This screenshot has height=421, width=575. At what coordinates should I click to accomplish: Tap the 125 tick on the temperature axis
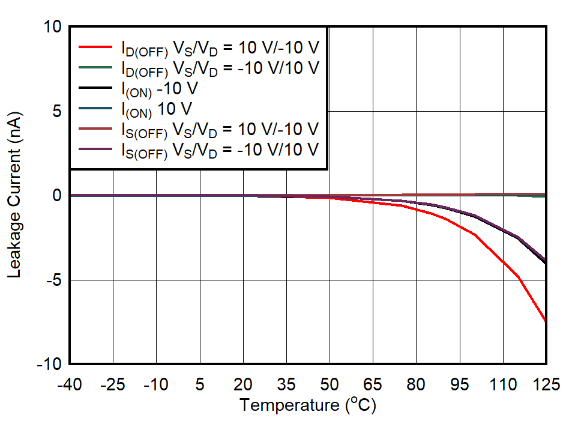tap(545, 384)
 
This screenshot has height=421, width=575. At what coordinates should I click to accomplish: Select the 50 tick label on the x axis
tap(329, 384)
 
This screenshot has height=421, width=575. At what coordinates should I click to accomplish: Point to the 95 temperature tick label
tap(459, 384)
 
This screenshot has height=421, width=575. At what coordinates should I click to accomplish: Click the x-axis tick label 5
tap(200, 384)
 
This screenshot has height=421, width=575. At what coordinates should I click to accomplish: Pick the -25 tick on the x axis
tap(113, 384)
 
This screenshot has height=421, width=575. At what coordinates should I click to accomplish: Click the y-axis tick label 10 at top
tap(53, 28)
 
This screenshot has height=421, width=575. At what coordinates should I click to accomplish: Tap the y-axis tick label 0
tap(58, 196)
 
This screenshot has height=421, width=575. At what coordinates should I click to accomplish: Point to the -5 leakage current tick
tap(53, 280)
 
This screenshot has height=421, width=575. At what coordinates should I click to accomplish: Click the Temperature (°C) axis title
tap(307, 405)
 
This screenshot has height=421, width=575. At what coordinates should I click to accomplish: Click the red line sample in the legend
tap(95, 46)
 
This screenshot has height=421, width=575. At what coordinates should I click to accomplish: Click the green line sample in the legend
tap(95, 67)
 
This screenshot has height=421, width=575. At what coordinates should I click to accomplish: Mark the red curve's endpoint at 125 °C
tap(545, 321)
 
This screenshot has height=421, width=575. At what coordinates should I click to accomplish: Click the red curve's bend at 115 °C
tap(517, 277)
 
